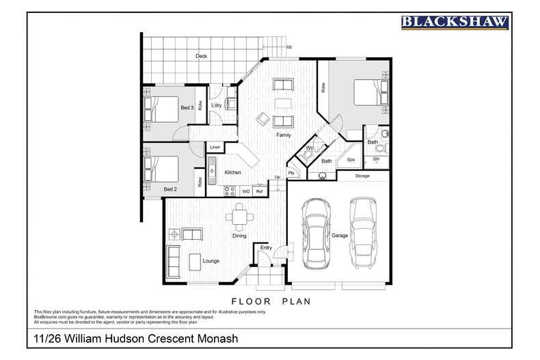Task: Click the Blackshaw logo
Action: [454, 23]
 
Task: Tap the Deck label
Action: [201, 56]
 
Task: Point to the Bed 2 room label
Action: [170, 189]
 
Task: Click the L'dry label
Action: [216, 105]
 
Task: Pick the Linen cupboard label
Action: [215, 147]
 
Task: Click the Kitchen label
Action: [232, 173]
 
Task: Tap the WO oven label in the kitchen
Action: [245, 191]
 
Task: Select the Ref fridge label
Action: [259, 191]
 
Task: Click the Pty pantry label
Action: [291, 174]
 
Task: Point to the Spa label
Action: [351, 160]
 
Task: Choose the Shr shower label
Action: [376, 159]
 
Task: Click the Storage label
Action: [362, 176]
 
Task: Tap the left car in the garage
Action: [316, 233]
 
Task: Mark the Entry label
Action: [266, 247]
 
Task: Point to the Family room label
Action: [283, 135]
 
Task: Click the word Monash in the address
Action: [219, 339]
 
